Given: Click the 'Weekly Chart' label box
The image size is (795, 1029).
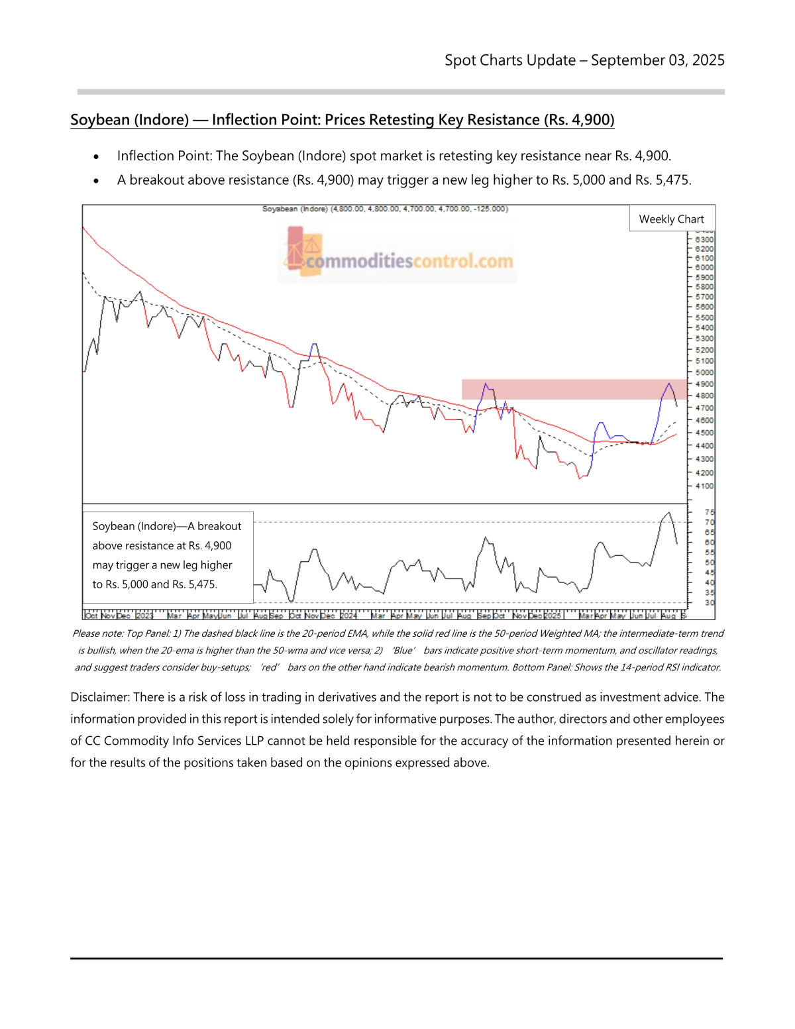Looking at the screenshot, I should click(671, 219).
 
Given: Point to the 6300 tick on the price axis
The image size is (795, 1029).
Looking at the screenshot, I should click(704, 239).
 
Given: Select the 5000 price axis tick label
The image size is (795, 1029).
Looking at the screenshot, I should click(704, 372).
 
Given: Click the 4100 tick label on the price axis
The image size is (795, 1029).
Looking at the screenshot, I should click(704, 486).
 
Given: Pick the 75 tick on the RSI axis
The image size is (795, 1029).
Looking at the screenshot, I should click(709, 512).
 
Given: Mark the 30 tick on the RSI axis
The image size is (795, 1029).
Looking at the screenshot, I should click(709, 602).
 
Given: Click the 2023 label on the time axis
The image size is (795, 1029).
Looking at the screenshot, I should click(144, 616).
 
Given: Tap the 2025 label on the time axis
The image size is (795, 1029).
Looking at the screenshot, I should click(553, 616).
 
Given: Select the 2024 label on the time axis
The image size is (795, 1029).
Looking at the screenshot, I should click(348, 616).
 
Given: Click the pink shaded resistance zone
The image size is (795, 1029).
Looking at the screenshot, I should click(574, 389).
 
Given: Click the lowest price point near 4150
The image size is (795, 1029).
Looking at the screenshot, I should click(580, 478).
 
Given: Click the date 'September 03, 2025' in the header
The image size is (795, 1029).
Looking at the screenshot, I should click(657, 60).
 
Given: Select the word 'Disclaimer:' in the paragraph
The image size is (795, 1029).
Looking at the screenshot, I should click(100, 697).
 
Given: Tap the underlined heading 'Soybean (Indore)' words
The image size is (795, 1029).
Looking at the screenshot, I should click(130, 120).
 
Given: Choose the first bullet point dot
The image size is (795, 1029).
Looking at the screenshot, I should click(96, 157).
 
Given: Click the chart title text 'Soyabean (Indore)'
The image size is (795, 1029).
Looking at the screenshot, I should click(294, 209).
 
